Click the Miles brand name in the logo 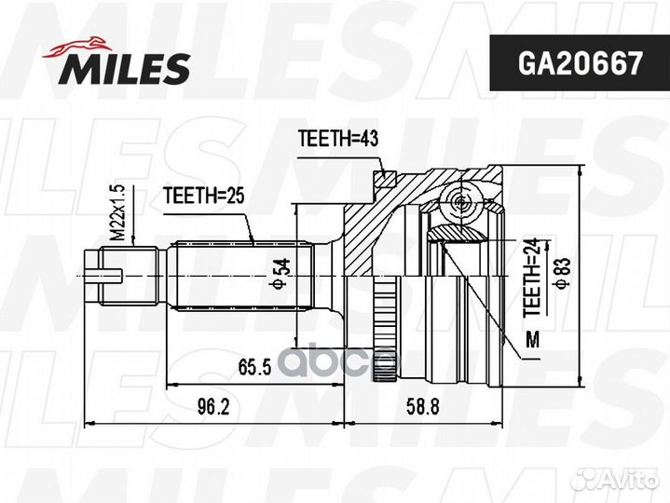(126, 67)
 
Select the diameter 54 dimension (277, 273)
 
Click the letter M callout (532, 338)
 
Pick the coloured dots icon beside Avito (586, 480)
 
